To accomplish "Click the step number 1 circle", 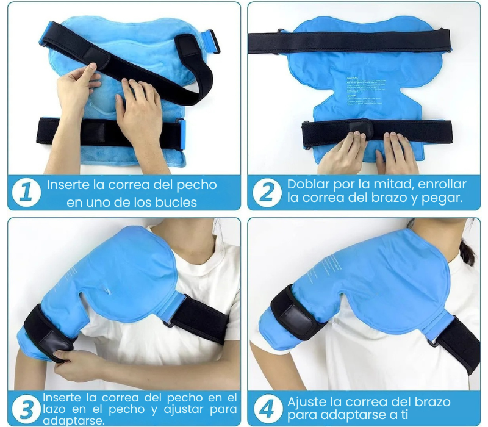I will click(26, 192).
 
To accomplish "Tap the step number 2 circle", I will click(267, 192).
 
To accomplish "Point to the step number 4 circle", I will click(267, 407).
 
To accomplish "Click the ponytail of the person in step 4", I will click(467, 250).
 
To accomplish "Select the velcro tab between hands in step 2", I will click(362, 126).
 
